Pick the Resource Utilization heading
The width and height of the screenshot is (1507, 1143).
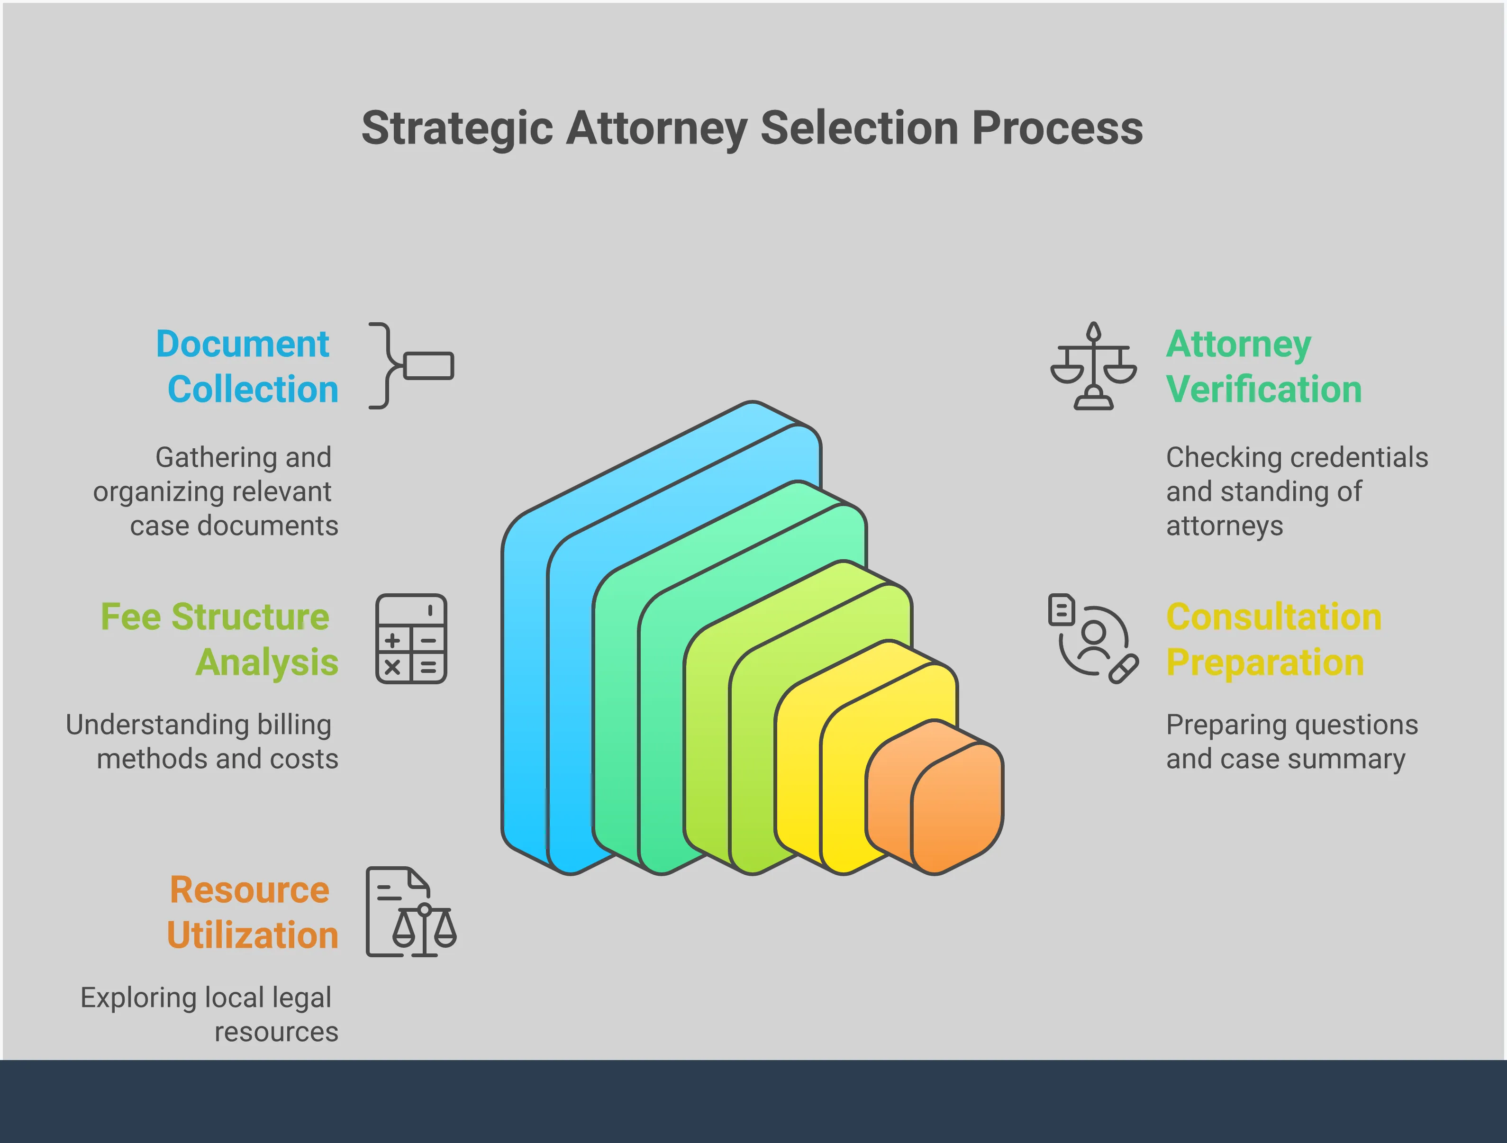pyautogui.click(x=252, y=912)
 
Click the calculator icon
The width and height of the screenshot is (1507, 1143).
pyautogui.click(x=411, y=639)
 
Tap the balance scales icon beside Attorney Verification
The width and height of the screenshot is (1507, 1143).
pyautogui.click(x=1093, y=366)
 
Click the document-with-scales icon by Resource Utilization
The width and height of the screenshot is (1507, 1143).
pyautogui.click(x=411, y=912)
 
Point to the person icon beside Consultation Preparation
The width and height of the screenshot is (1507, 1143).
pyautogui.click(x=1093, y=639)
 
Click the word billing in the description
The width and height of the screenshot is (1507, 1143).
pyautogui.click(x=294, y=725)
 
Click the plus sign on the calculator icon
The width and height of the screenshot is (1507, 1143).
pyautogui.click(x=392, y=640)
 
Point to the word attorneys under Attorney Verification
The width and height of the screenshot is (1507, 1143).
pyautogui.click(x=1224, y=526)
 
